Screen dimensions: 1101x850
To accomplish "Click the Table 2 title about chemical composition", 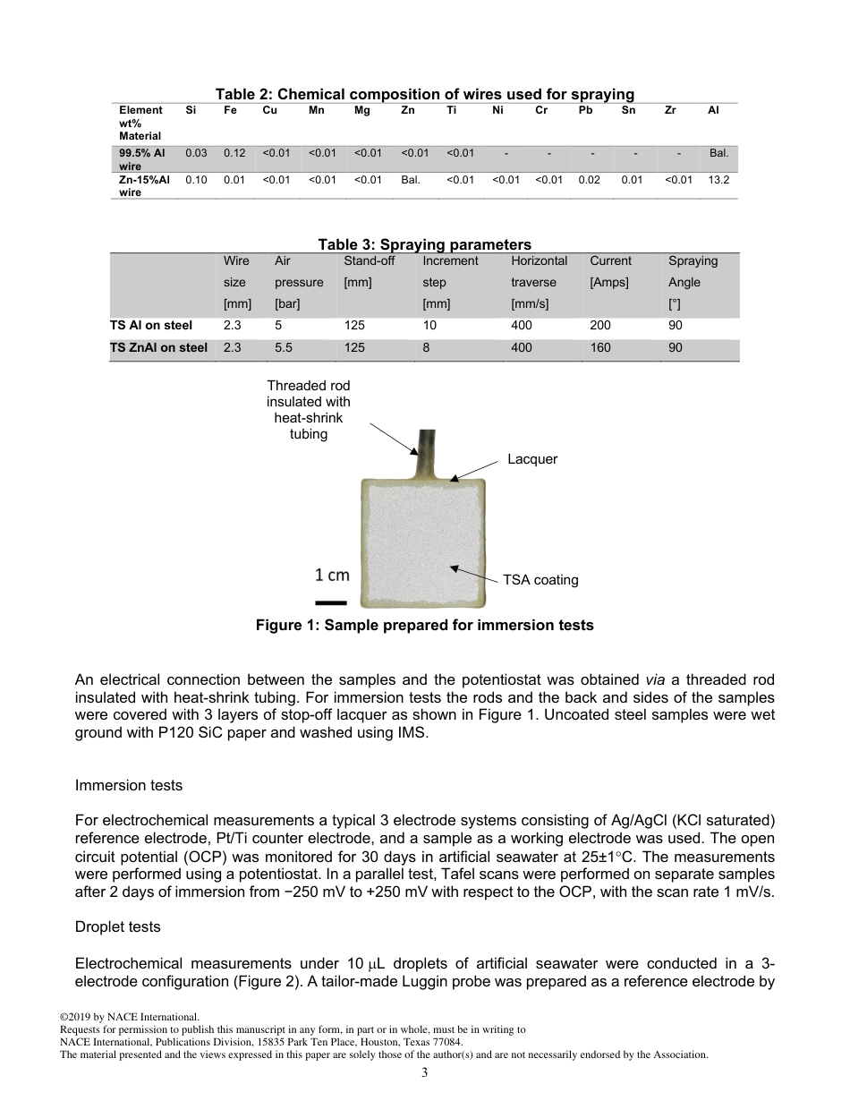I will click(x=424, y=94).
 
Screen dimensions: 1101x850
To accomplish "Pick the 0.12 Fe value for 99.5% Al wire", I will click(x=234, y=153).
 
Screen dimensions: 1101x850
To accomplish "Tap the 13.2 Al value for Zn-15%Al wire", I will click(x=718, y=180).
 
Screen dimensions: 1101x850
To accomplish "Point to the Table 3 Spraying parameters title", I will click(x=424, y=244).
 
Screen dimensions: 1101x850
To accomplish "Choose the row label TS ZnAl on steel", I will click(x=159, y=347).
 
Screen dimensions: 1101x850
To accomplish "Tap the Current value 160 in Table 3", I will click(x=600, y=347).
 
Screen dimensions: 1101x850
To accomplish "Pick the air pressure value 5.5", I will click(x=284, y=347).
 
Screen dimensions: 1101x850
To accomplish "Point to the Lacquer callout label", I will click(x=532, y=459).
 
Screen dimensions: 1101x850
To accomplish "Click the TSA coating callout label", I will click(x=540, y=580).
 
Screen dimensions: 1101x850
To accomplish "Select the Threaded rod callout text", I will click(x=309, y=410).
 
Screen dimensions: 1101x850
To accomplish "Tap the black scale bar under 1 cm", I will click(x=331, y=602).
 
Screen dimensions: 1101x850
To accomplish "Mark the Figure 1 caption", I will click(x=424, y=626).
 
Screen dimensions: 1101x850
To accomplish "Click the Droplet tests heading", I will click(x=119, y=928).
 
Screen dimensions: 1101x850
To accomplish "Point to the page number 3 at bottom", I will click(x=425, y=1073).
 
